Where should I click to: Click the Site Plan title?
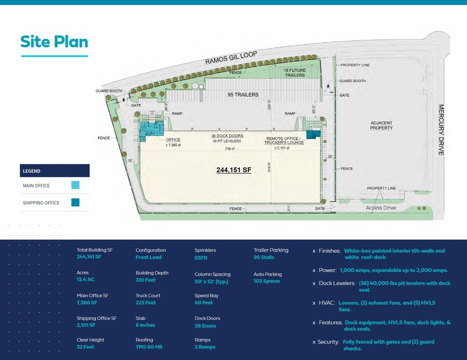(x=54, y=42)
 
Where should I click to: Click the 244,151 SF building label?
(x=234, y=170)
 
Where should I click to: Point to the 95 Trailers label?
(x=243, y=95)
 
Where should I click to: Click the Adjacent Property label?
(x=381, y=126)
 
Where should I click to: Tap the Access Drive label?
(x=381, y=208)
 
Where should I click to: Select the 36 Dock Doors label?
(x=227, y=135)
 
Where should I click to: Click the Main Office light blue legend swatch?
(x=75, y=186)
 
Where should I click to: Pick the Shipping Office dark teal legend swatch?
(x=75, y=203)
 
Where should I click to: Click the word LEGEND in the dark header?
(x=32, y=171)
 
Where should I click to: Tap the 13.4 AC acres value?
(x=86, y=280)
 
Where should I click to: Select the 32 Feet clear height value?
(x=86, y=347)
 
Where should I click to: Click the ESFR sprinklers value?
(x=201, y=258)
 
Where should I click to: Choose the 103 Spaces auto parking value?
(x=267, y=281)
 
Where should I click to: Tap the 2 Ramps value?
(x=206, y=347)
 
